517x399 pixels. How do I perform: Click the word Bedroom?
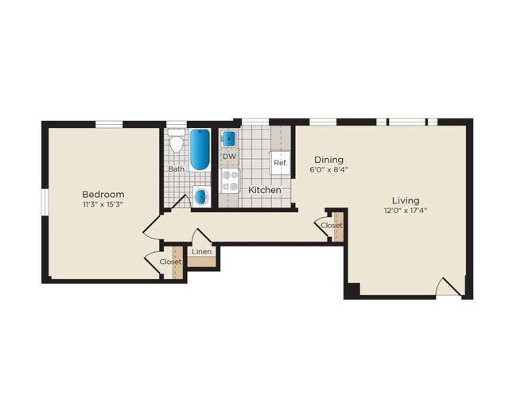103,194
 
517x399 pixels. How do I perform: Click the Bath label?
176,169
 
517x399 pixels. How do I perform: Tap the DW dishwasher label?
229,157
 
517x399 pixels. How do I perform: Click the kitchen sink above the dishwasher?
229,138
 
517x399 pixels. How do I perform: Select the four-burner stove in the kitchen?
229,182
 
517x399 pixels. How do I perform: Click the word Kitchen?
265,191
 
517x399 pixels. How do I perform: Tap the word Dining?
328,158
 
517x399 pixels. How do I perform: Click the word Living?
405,200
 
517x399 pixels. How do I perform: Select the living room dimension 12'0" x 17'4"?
405,211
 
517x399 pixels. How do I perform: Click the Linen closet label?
202,252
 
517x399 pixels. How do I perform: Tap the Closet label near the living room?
332,225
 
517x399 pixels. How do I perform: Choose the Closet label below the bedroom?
170,261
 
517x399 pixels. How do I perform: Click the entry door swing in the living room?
449,288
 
